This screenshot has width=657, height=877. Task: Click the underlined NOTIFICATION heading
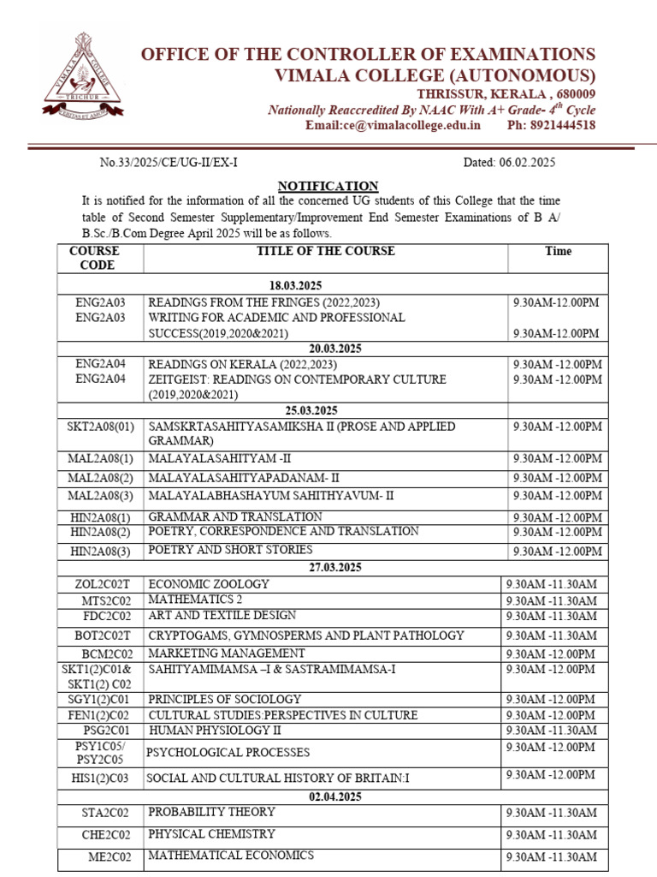(x=328, y=186)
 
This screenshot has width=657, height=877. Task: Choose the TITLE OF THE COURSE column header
(x=326, y=252)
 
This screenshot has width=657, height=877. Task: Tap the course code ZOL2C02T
(x=101, y=585)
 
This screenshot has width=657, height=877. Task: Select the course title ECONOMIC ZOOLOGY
(x=209, y=584)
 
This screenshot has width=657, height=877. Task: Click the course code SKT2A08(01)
(x=101, y=427)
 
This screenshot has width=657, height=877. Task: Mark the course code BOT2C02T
(x=101, y=635)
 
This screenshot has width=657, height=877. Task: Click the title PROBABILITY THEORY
(x=211, y=811)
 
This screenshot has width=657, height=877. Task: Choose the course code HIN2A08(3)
(x=101, y=551)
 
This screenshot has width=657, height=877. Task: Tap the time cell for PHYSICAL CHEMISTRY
(x=551, y=835)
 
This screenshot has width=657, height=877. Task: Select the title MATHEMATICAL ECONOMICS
(x=231, y=856)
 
